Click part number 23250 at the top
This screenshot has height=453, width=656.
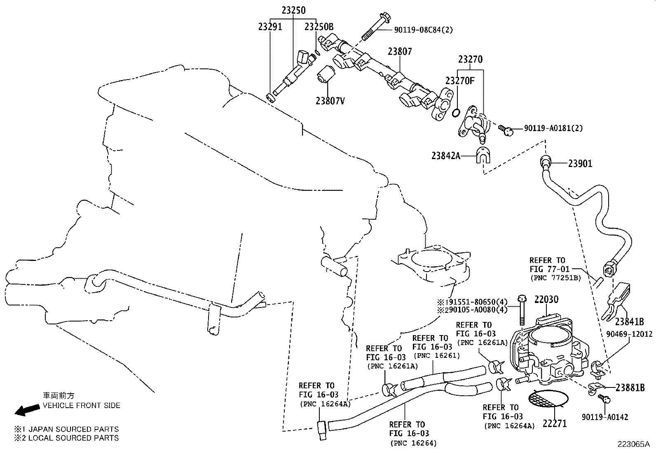(294, 10)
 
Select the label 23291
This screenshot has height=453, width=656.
(270, 27)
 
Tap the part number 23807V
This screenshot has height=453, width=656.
(330, 100)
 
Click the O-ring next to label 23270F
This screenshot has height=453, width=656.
(456, 113)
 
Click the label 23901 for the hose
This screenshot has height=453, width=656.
(580, 164)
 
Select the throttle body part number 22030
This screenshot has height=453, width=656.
(546, 299)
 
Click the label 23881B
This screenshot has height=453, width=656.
(630, 387)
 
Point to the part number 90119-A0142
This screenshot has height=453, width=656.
(605, 417)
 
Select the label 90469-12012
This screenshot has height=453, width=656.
(629, 334)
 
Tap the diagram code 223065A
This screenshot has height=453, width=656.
(633, 444)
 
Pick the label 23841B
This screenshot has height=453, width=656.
(630, 322)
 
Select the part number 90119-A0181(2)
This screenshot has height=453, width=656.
(553, 128)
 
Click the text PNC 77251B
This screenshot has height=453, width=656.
(555, 278)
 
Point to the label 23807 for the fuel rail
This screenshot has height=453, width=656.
(399, 52)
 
